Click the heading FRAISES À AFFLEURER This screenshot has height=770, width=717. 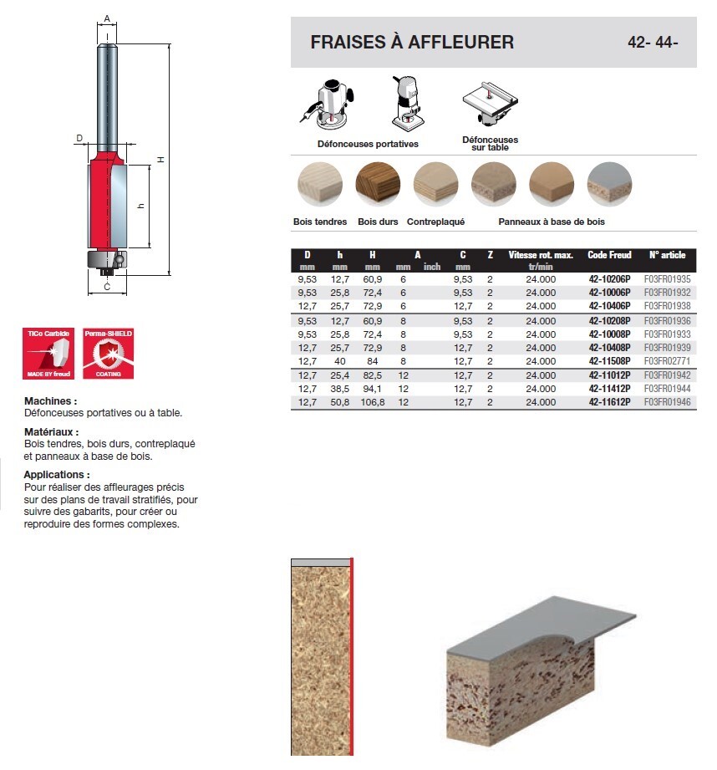click(x=412, y=42)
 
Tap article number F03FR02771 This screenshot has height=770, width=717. click(x=668, y=361)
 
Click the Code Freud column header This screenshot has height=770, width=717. click(x=609, y=255)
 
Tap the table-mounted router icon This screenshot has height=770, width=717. click(x=489, y=105)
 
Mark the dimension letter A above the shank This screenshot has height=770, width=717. click(x=108, y=18)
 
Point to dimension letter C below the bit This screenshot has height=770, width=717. click(x=108, y=287)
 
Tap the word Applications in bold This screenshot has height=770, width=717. click(x=57, y=475)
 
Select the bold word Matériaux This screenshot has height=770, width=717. click(x=52, y=432)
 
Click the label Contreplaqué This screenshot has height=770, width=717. click(x=435, y=222)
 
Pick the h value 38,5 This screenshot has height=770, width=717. click(x=339, y=389)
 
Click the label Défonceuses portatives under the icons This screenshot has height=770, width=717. click(x=368, y=144)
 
